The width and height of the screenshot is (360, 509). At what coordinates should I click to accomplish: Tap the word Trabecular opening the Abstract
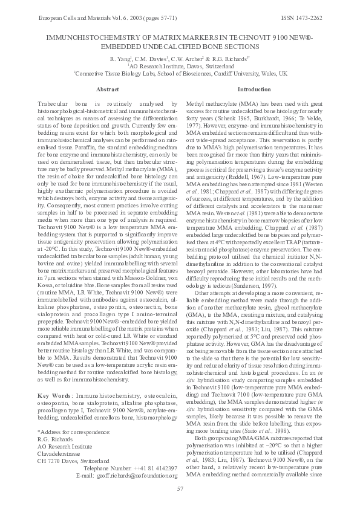click(x=53, y=105)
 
